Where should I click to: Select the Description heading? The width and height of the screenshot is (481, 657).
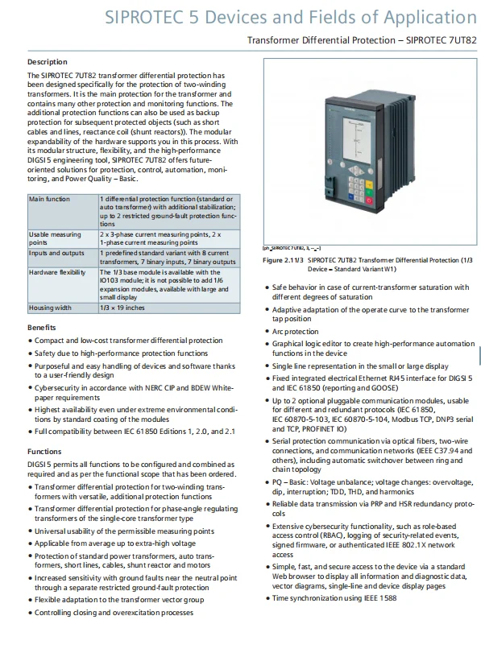(x=48, y=62)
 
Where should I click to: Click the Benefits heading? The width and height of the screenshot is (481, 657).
(x=41, y=328)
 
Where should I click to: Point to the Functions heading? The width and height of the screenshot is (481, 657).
(x=44, y=452)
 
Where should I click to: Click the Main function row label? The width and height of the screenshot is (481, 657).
(x=50, y=198)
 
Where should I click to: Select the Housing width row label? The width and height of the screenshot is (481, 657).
(x=51, y=308)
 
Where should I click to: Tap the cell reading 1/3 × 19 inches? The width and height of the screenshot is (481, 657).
(x=123, y=308)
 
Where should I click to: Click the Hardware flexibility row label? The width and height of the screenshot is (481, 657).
(x=57, y=273)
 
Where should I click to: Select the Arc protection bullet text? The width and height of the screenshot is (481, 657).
(x=295, y=331)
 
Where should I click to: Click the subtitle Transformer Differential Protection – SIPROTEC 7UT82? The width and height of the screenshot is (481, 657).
(x=362, y=39)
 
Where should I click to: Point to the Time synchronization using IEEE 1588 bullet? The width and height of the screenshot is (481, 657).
(x=334, y=598)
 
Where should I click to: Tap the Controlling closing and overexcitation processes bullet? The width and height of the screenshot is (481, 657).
(x=114, y=612)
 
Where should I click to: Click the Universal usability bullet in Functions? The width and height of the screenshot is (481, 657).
(x=124, y=531)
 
